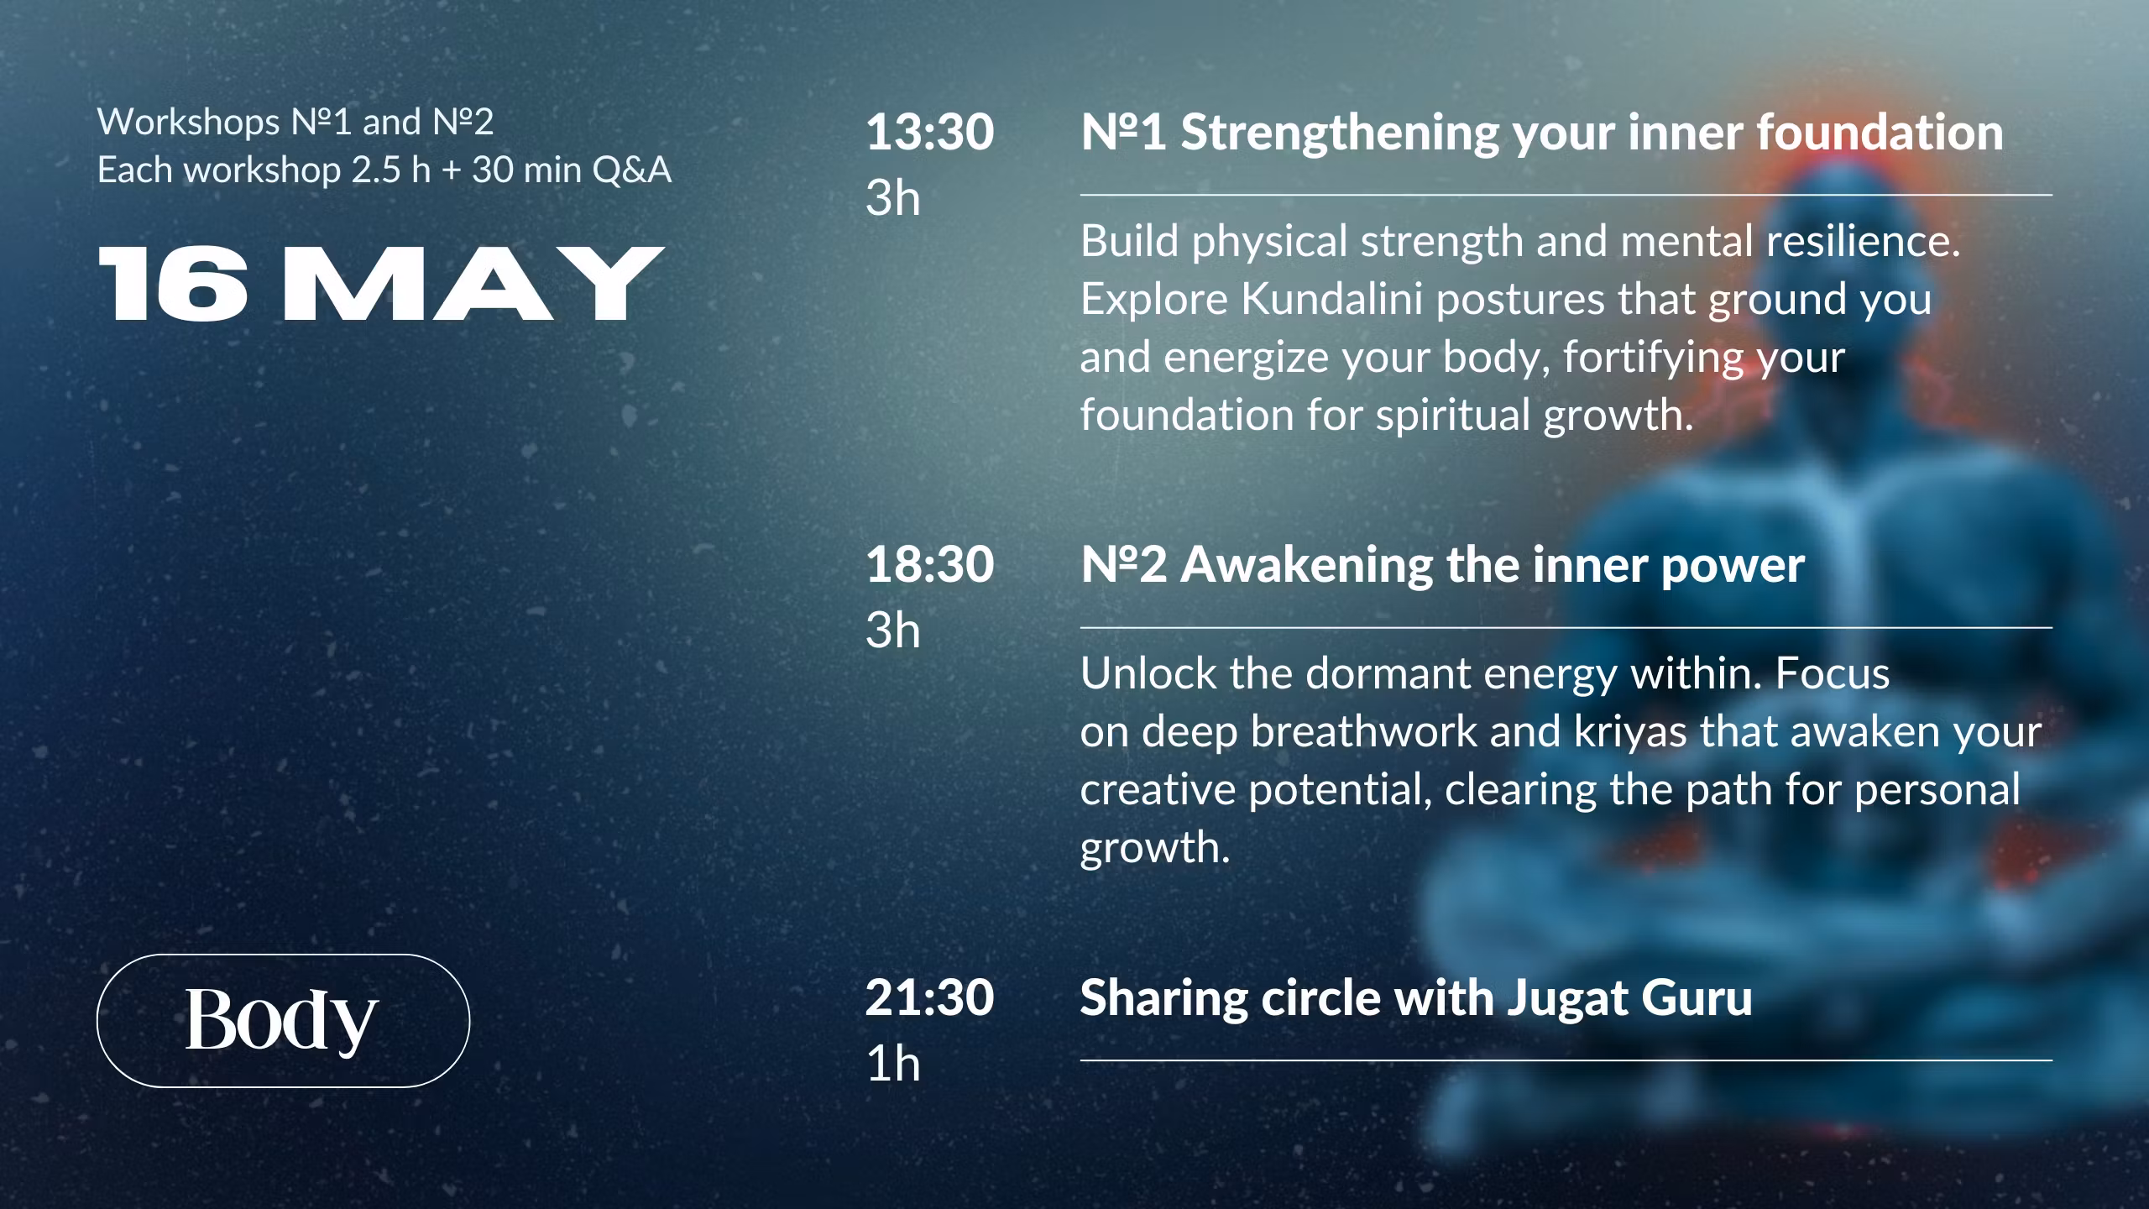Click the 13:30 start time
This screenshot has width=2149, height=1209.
point(929,133)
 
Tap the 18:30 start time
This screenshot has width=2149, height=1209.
point(929,565)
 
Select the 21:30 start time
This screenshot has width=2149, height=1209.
point(929,998)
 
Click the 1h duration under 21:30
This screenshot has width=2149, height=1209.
point(892,1064)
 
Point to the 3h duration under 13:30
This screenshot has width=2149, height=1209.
point(892,198)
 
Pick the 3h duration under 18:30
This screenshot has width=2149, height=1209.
point(892,631)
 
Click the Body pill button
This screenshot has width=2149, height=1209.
point(283,1020)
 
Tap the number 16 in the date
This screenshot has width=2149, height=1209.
point(174,284)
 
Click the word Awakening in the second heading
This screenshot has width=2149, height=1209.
point(1306,565)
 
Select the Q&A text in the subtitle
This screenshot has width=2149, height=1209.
point(631,170)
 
